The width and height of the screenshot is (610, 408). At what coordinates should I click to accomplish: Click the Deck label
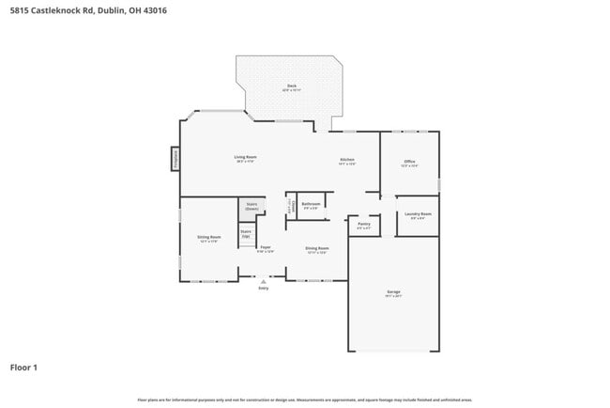tap(291, 87)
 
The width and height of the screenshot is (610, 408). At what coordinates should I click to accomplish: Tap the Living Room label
tap(245, 158)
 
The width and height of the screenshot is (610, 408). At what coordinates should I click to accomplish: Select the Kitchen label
tap(346, 161)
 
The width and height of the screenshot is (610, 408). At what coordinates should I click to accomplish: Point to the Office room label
tap(409, 163)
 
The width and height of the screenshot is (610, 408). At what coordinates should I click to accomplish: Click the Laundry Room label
tap(419, 215)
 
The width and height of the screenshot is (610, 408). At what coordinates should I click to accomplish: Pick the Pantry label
tap(364, 225)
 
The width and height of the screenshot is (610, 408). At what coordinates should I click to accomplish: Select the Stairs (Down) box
tap(252, 206)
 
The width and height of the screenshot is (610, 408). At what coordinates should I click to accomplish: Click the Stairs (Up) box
tap(246, 233)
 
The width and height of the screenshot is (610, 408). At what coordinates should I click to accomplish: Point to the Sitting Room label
tap(208, 238)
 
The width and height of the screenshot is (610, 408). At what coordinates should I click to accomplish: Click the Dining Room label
tap(316, 249)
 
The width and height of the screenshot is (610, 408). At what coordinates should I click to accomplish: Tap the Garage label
tap(393, 293)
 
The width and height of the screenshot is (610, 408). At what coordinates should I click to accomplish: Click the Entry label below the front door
tap(263, 288)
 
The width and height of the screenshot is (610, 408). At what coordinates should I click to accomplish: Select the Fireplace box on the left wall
tap(175, 159)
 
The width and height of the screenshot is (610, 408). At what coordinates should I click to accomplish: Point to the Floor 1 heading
tap(24, 367)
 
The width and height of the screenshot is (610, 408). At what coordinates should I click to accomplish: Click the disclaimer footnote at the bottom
tap(304, 400)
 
